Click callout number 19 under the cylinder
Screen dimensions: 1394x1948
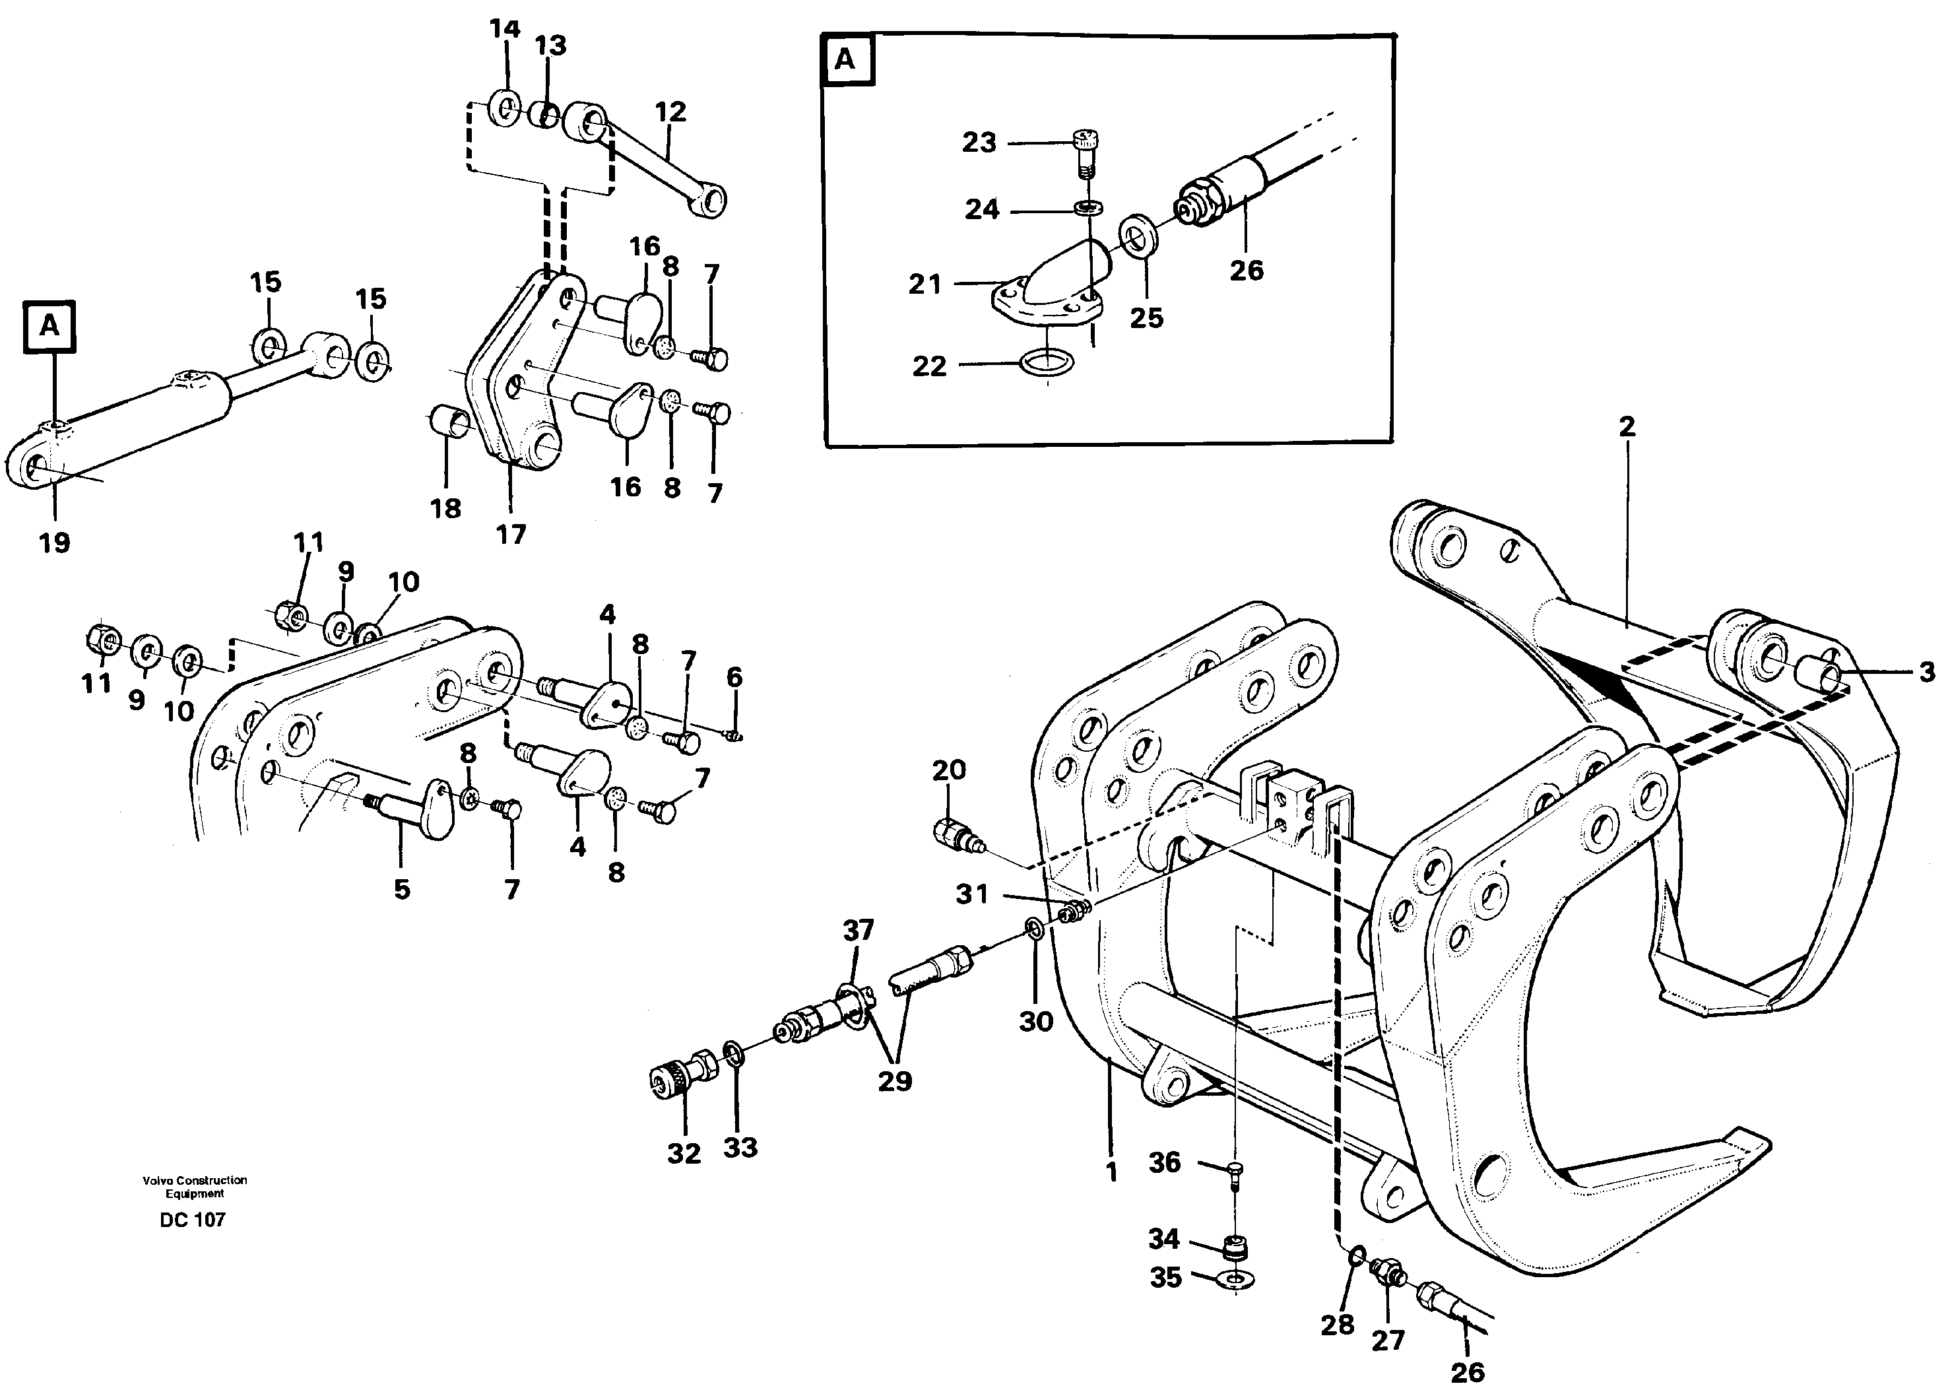pos(54,543)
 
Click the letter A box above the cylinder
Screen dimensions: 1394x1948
pos(49,326)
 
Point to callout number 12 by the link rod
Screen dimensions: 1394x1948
pos(670,112)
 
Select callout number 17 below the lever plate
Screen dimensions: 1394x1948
pos(511,535)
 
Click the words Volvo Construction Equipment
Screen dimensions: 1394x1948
pos(195,1186)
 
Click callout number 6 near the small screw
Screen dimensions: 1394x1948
pos(734,677)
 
